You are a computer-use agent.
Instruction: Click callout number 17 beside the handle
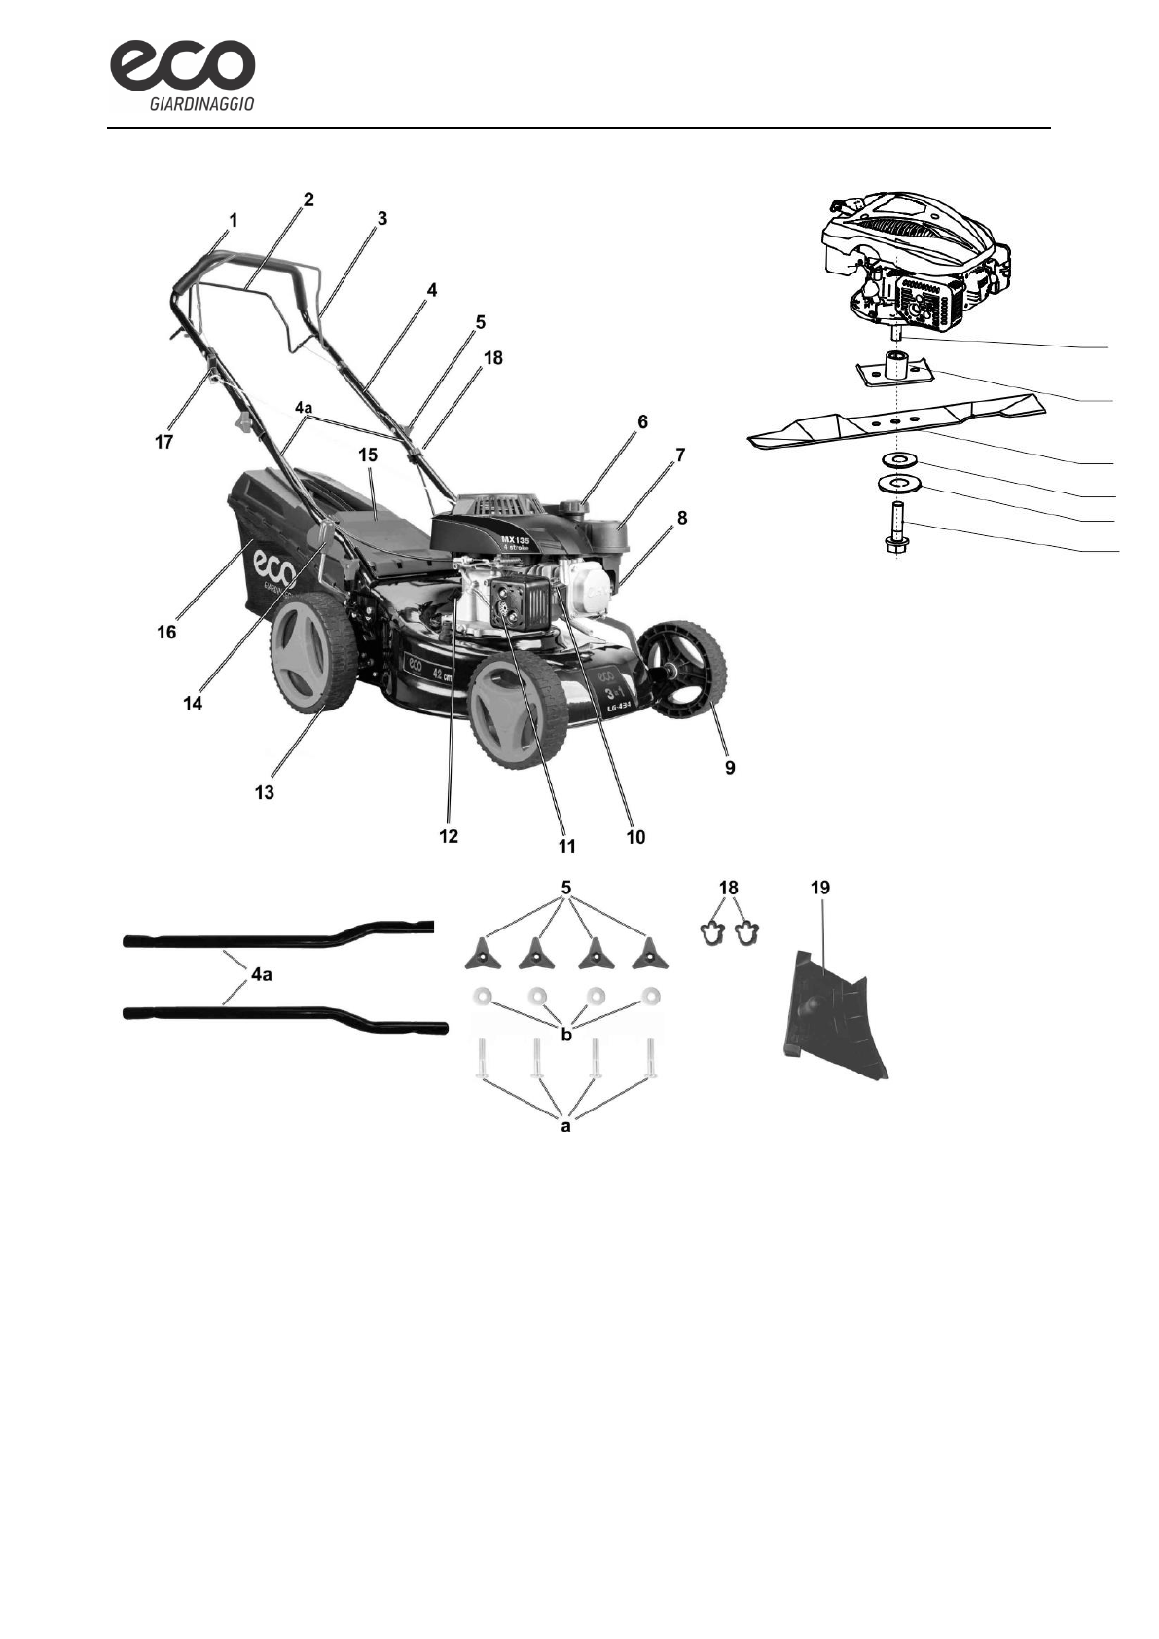163,442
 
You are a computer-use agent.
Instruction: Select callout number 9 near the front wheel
729,768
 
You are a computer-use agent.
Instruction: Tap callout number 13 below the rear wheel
264,792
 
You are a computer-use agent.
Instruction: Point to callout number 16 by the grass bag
166,633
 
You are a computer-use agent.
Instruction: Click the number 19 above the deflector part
819,888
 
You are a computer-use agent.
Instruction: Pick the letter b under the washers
566,1035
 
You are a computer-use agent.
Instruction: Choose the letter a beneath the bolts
565,1126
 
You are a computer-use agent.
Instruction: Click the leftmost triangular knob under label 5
482,956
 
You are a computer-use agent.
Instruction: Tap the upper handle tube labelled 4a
277,938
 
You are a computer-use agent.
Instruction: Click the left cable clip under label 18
713,932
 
